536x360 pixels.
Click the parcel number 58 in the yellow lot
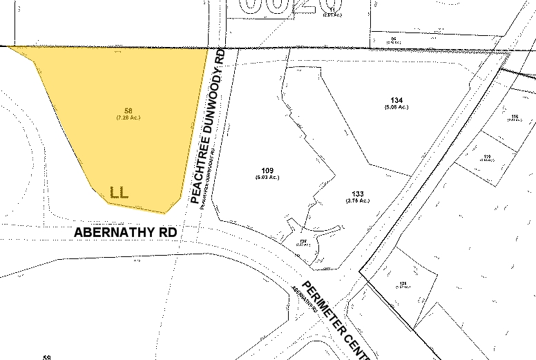(128, 111)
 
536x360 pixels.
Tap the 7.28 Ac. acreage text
(128, 117)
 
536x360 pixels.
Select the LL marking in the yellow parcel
(119, 191)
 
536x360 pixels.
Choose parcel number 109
(269, 170)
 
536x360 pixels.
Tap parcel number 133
(358, 193)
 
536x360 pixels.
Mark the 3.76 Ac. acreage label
(358, 201)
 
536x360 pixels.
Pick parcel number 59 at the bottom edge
(47, 357)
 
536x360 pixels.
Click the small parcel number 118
(515, 115)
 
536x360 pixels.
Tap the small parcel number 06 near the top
(394, 39)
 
